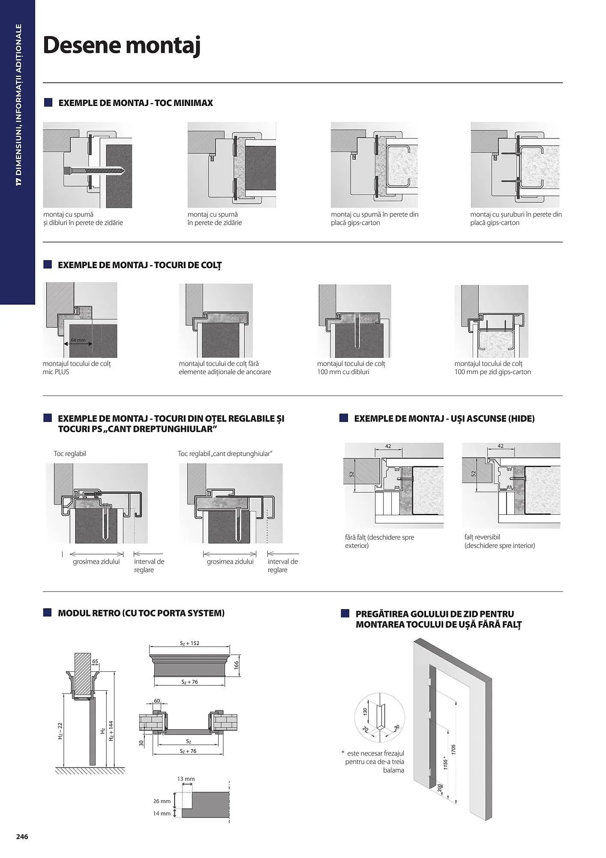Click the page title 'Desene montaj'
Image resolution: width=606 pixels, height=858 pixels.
(122, 45)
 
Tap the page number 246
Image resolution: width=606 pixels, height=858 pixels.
(22, 837)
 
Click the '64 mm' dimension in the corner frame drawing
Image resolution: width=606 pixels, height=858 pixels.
(78, 340)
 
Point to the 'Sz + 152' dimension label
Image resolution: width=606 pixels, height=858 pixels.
(189, 643)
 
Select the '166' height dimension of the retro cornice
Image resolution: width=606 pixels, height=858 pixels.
(236, 665)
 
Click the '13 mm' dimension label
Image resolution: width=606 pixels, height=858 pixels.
(186, 779)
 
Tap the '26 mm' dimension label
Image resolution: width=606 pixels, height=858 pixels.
(162, 801)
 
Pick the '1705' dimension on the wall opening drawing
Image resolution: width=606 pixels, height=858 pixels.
(453, 749)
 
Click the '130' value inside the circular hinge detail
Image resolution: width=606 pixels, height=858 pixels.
(365, 711)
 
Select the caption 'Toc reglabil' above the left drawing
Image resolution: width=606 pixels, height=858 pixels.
(70, 453)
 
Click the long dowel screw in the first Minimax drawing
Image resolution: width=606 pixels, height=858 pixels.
(94, 170)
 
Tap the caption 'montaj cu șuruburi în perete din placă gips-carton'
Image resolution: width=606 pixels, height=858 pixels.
(516, 218)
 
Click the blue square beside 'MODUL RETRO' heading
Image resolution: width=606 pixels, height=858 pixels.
(48, 613)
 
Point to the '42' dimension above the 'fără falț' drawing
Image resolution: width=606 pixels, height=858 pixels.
(388, 446)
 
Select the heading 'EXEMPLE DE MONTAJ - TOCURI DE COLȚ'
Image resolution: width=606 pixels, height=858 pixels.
(140, 265)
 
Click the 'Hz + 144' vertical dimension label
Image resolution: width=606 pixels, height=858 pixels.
(111, 731)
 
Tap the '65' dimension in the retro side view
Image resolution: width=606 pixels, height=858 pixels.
(95, 662)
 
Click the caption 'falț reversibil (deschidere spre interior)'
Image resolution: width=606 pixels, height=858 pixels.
(499, 541)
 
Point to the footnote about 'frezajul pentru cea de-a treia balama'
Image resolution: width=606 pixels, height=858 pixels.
(374, 761)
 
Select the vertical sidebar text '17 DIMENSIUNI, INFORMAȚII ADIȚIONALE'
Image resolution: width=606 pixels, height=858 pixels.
(18, 105)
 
